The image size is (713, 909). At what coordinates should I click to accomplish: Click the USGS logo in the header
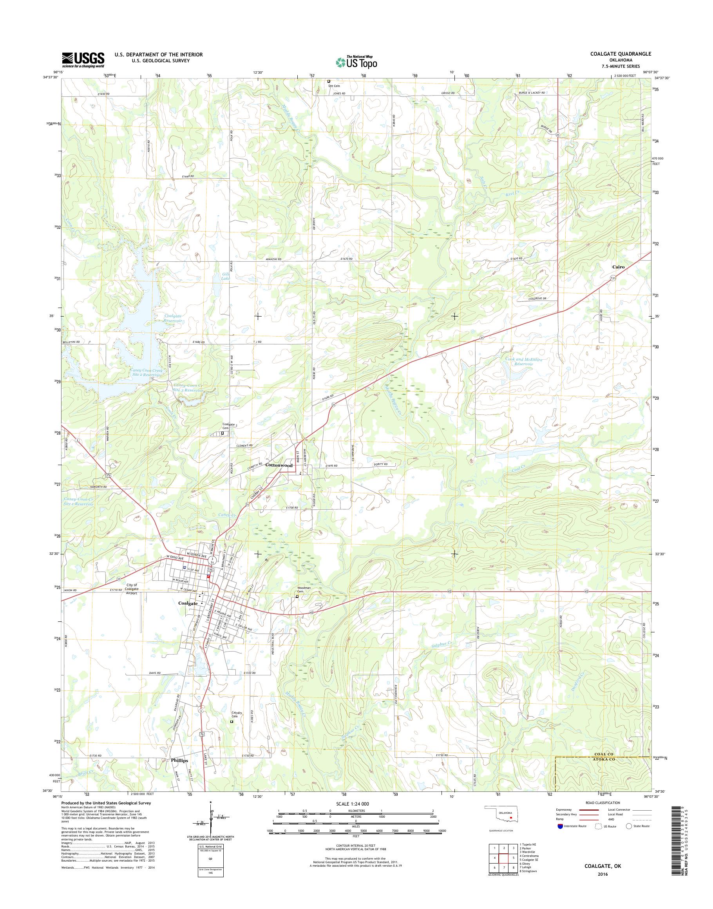[83, 60]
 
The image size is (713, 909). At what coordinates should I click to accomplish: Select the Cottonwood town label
[279, 465]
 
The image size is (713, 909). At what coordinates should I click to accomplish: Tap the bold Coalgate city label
[188, 603]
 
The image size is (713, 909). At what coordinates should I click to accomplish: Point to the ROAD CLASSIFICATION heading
[603, 814]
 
